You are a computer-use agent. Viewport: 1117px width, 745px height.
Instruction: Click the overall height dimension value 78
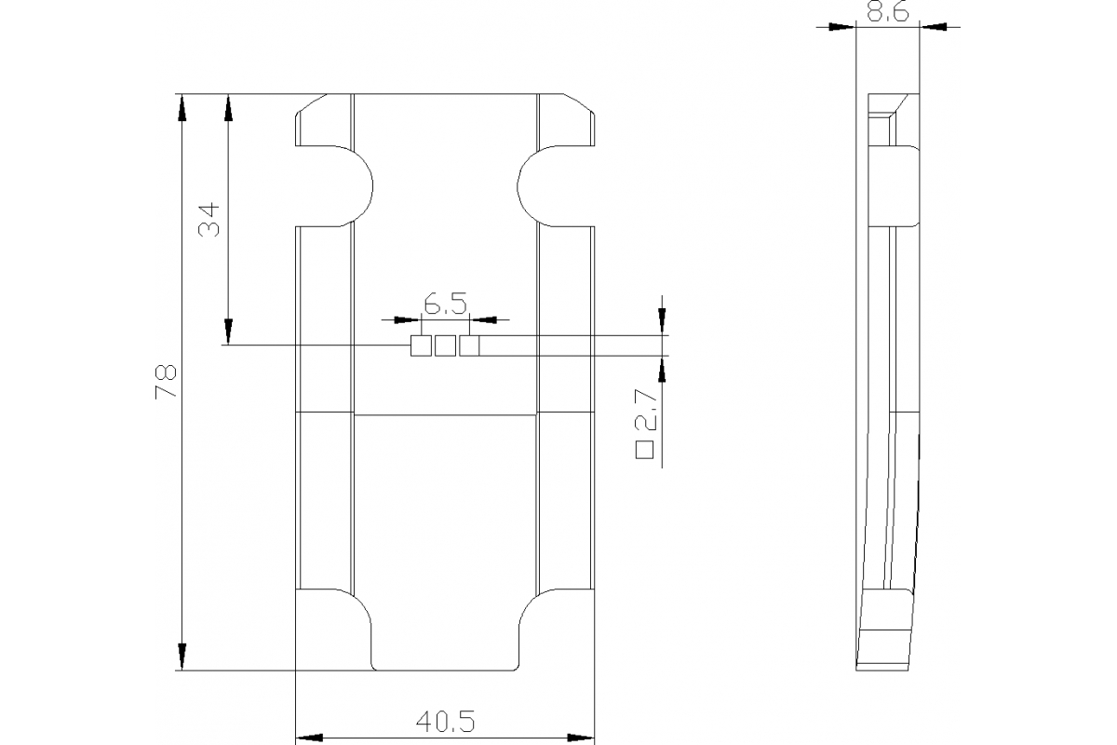click(x=165, y=382)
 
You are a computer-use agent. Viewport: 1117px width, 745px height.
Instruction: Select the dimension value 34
click(x=209, y=219)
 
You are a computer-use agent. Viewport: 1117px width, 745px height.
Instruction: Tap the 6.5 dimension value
click(x=444, y=303)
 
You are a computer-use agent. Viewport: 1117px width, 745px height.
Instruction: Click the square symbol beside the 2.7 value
click(x=643, y=451)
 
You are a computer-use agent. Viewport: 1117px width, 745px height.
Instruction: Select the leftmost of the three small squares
click(x=421, y=345)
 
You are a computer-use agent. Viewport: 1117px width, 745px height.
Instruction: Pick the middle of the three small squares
click(x=445, y=345)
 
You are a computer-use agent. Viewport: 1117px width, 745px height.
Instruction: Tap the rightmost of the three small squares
click(x=469, y=345)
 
